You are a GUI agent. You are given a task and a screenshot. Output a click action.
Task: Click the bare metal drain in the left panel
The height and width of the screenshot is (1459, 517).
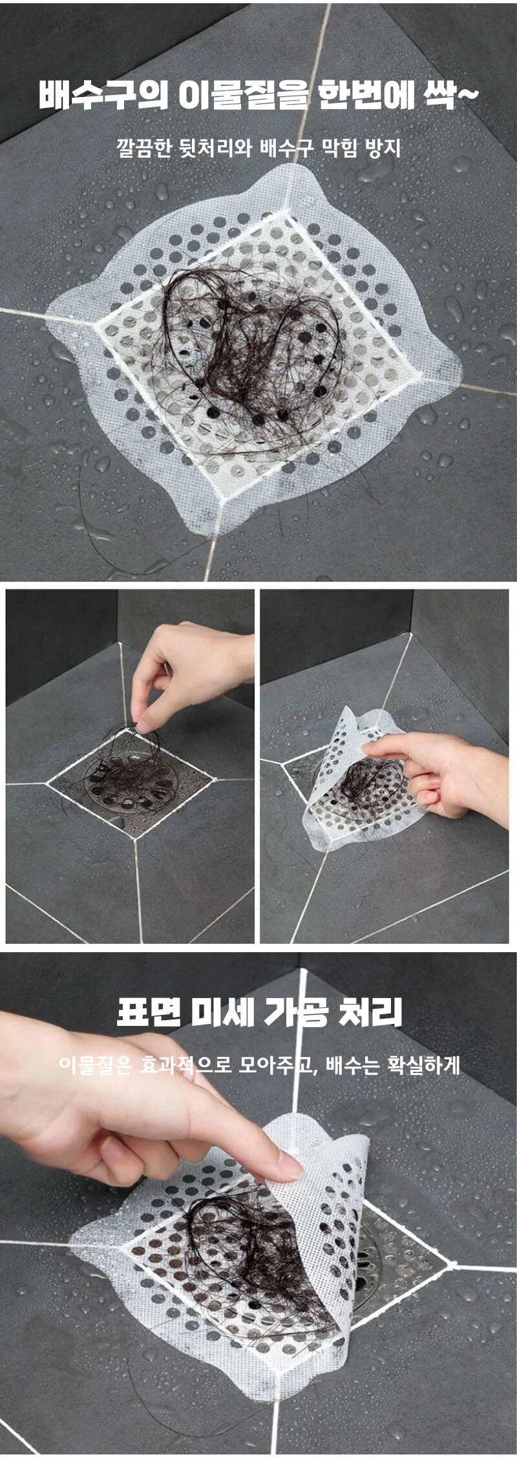click(129, 782)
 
